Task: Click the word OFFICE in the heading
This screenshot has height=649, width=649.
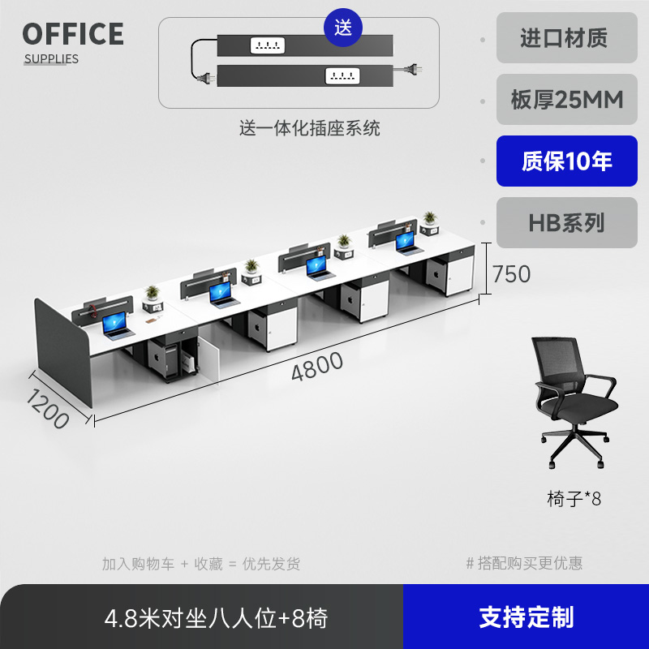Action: [x=73, y=34]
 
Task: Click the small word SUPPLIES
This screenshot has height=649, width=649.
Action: [x=51, y=58]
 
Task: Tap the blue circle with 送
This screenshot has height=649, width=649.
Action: [x=343, y=28]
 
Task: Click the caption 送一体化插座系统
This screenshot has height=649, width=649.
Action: [x=309, y=128]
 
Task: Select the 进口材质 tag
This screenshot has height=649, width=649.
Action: [x=567, y=38]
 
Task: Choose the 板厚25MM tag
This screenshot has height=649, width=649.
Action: [x=567, y=99]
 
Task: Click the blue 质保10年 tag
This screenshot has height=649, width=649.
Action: [x=567, y=161]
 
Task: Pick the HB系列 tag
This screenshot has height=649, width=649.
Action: [x=567, y=222]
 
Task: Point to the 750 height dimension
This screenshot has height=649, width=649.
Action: [x=512, y=274]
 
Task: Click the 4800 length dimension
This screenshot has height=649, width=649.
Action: [x=317, y=367]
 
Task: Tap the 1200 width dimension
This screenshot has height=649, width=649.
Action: [x=46, y=408]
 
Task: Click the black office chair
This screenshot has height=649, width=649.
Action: [x=573, y=402]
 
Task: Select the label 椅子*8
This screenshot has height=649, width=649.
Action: [x=574, y=498]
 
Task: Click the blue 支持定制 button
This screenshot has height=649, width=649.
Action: [x=526, y=617]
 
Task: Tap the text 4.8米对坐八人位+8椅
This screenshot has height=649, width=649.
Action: [x=217, y=618]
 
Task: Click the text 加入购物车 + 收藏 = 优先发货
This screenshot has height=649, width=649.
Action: [x=200, y=563]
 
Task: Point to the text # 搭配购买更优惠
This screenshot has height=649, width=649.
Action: [x=524, y=563]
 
